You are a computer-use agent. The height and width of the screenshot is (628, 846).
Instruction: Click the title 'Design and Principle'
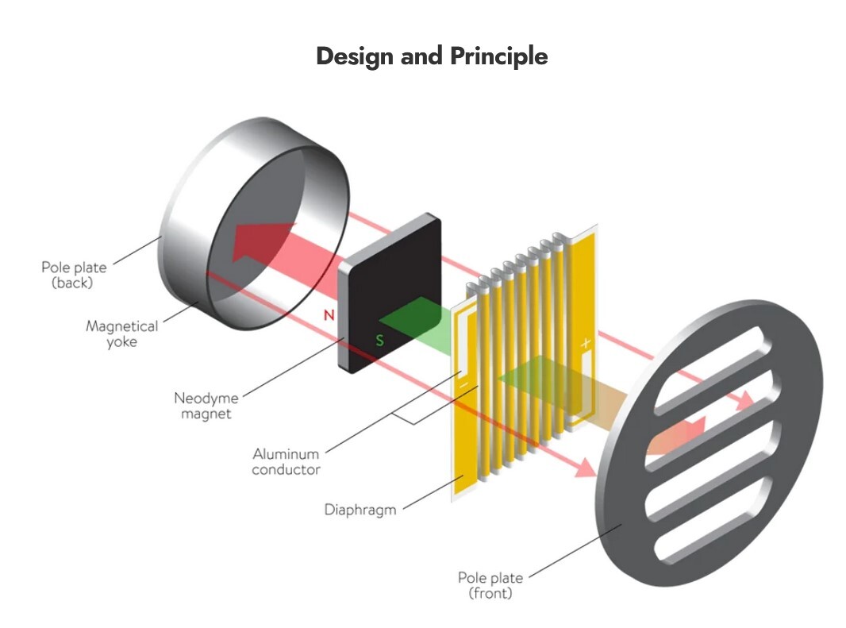pos(432,56)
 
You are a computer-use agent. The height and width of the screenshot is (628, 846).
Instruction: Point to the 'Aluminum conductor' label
pos(286,461)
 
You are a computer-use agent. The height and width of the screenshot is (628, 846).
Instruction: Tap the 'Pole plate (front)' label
pos(490,585)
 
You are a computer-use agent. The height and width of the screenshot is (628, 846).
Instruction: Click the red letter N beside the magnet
pos(329,315)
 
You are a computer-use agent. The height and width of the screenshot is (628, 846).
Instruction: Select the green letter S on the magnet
pos(379,341)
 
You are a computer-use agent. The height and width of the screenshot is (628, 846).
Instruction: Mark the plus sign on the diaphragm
pos(586,343)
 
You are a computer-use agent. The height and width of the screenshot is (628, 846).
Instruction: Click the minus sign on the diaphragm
pos(463,386)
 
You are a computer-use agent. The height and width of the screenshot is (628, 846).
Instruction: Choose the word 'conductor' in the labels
pos(286,469)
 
